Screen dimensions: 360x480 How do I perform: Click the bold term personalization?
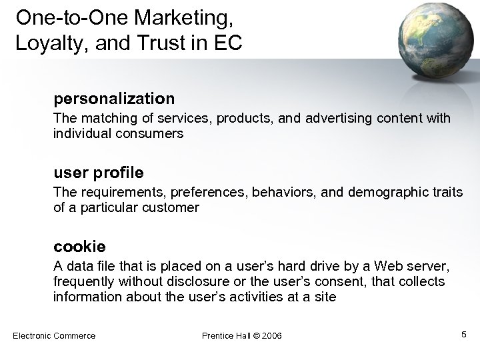tap(114, 99)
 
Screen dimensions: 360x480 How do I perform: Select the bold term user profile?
tap(98, 173)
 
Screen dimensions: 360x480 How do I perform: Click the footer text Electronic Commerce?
tap(54, 335)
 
